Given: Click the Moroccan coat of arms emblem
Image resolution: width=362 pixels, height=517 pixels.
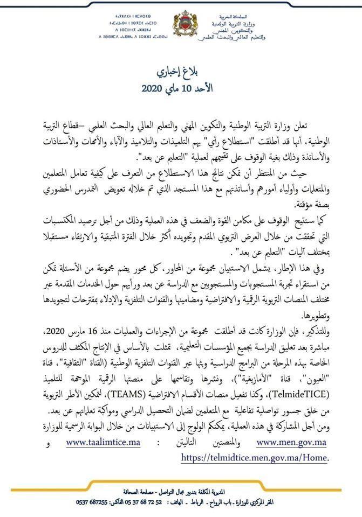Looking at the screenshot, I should pos(181,25).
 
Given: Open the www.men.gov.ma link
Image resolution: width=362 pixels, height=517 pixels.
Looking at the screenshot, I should pos(292,442).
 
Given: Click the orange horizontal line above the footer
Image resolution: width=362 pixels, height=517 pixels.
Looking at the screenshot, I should pos(181,486).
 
